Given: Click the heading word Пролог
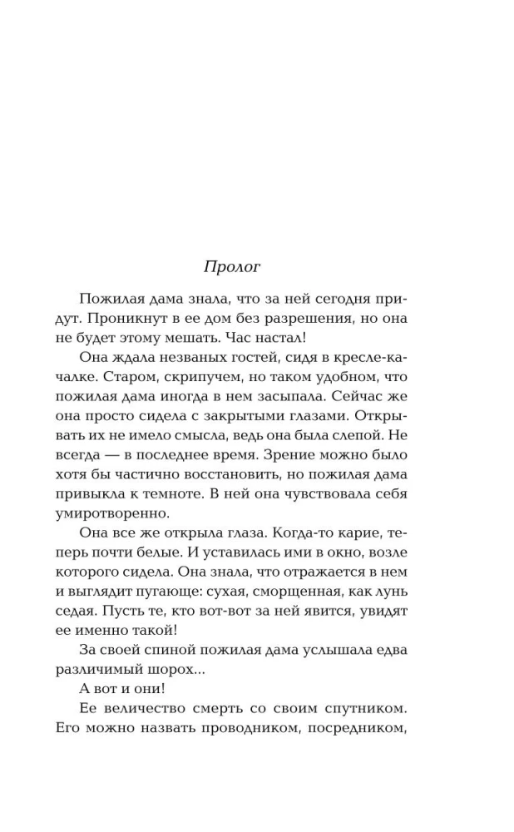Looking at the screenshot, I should click(232, 267).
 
